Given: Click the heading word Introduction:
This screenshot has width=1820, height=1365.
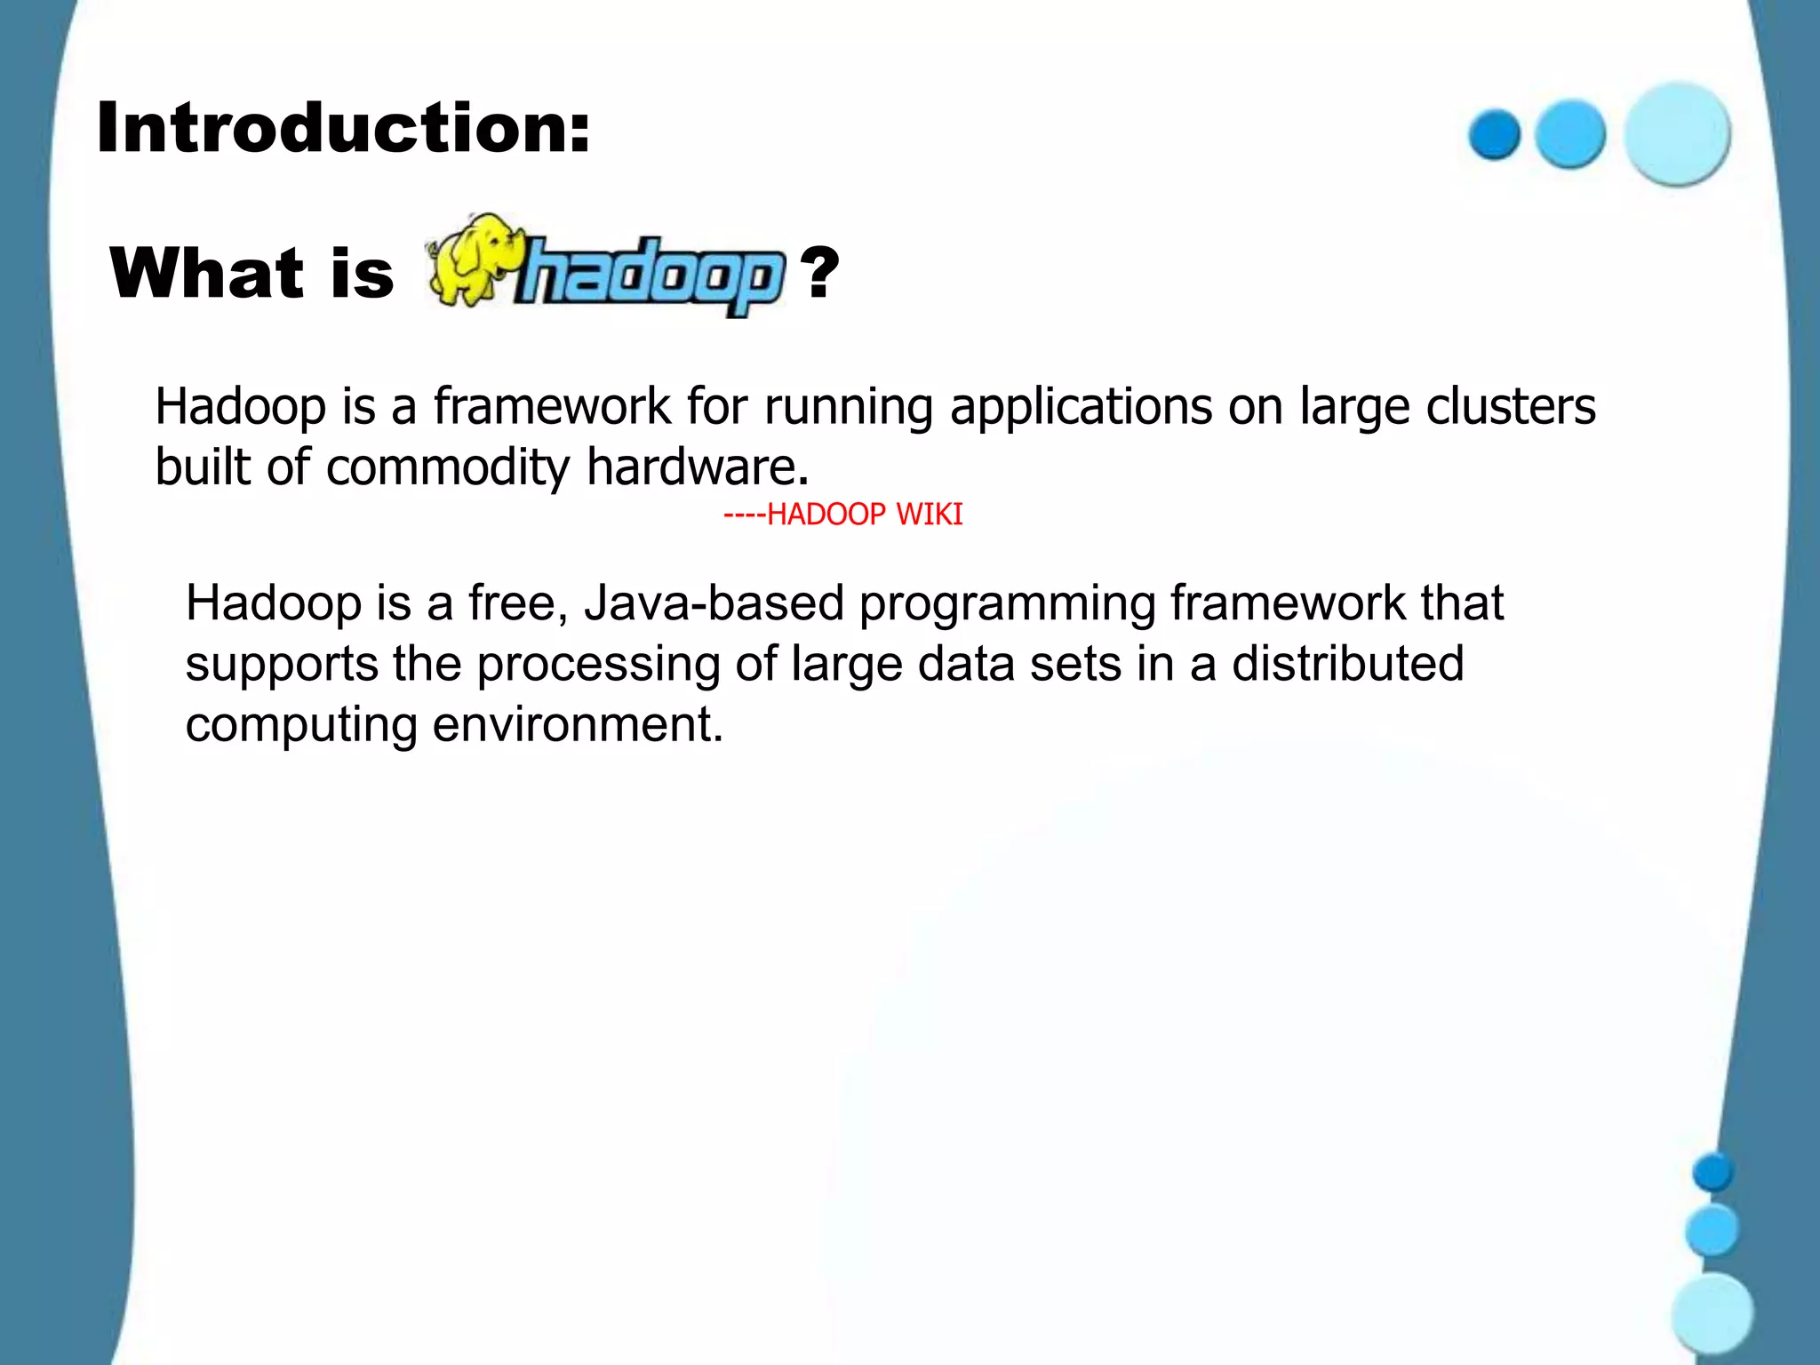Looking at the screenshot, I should pos(343,128).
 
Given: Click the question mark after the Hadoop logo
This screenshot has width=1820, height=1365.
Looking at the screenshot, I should pos(818,272).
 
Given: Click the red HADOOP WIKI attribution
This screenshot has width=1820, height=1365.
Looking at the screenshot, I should pos(842,515).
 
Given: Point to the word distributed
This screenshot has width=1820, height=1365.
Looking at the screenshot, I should pos(1347,664).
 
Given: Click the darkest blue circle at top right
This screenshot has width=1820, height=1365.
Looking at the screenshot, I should pos(1495,134).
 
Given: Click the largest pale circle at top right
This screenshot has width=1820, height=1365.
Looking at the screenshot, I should pos(1677,133).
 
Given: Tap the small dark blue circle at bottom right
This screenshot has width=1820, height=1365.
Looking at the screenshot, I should pos(1712,1172).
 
